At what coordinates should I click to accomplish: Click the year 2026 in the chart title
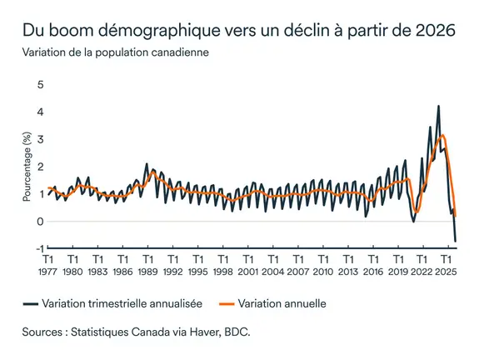click(437, 31)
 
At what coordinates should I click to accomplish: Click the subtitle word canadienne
click(179, 52)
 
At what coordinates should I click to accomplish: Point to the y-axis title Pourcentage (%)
click(27, 166)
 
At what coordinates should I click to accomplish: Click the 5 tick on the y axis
click(39, 84)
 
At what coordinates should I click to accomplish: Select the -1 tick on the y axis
click(37, 248)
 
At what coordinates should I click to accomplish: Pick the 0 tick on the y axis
click(39, 221)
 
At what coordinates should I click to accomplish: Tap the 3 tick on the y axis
click(39, 139)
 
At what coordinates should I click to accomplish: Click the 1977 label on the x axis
click(48, 272)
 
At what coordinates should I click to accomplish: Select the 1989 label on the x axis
click(147, 272)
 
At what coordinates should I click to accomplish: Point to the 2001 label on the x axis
click(247, 272)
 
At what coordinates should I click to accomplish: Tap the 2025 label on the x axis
click(447, 272)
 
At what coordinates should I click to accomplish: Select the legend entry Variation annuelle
click(282, 303)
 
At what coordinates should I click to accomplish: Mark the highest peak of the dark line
click(438, 107)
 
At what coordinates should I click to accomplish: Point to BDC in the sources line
click(238, 331)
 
